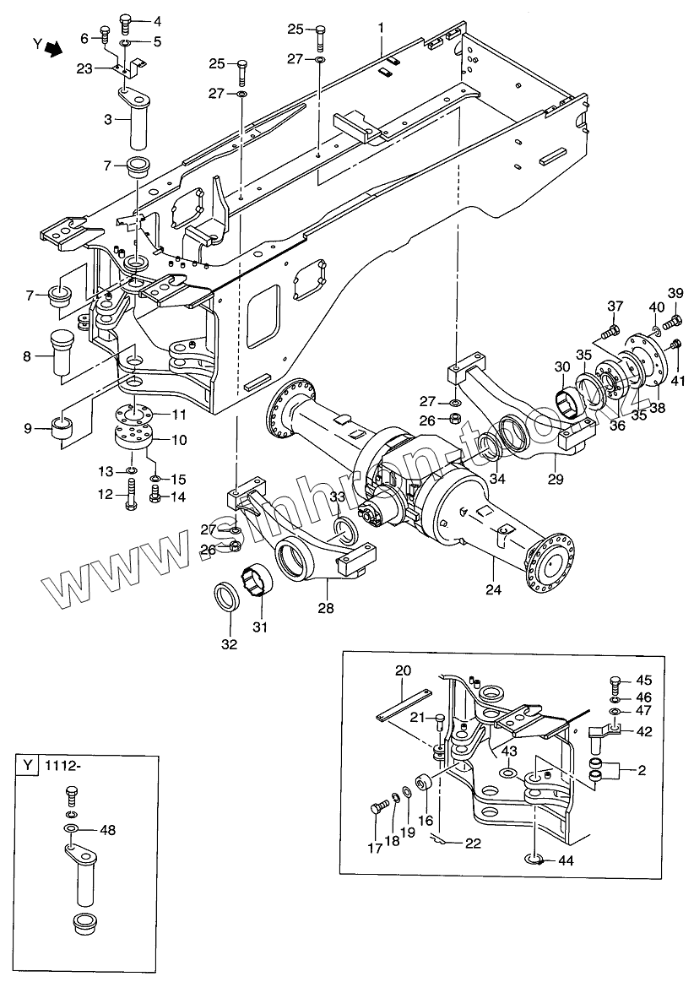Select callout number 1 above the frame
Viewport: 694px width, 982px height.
[381, 28]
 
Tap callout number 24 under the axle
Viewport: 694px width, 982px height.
[492, 590]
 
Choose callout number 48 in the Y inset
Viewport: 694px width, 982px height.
[107, 830]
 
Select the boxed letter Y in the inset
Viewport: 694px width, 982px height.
[29, 767]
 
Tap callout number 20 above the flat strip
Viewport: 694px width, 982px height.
[403, 670]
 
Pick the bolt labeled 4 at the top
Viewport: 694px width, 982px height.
[125, 19]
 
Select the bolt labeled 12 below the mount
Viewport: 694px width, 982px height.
[132, 495]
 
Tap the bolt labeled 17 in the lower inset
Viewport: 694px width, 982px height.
[377, 808]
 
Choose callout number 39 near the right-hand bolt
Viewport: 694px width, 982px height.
[675, 292]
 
